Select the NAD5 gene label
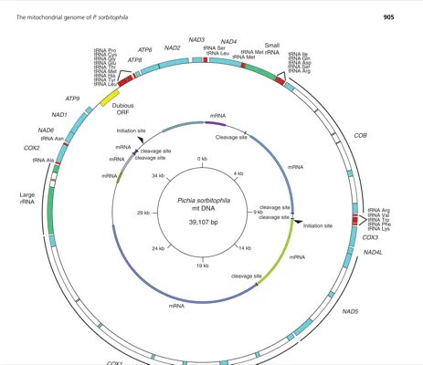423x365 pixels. pos(351,311)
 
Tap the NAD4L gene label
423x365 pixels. pos(374,252)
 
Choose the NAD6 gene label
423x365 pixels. pos(46,130)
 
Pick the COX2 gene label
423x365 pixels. pos(31,147)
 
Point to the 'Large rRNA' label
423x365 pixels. pos(27,199)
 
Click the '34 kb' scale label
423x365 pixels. pos(159,175)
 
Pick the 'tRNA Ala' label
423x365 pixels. pos(44,160)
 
